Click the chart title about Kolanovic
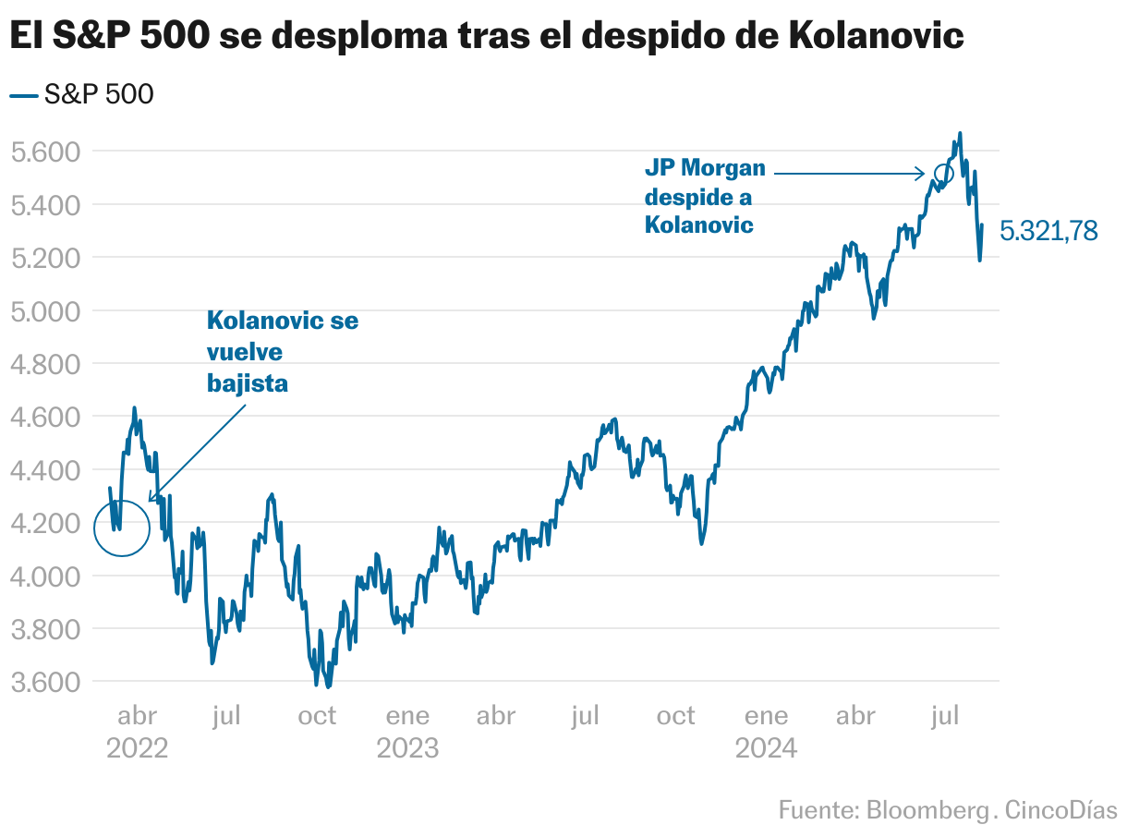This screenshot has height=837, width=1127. coord(487,36)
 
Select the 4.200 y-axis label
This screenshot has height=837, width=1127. coord(46,523)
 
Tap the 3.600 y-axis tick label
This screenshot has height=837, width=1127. coord(46,683)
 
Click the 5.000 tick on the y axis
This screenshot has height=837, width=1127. coord(46,310)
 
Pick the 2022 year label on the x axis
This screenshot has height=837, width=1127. coord(137,747)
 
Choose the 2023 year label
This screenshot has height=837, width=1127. coord(407,747)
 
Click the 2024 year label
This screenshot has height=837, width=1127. coord(766,747)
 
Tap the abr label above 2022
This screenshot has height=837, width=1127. coord(138,716)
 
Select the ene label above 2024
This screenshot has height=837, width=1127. coord(767,716)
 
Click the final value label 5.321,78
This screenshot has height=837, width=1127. coord(1048,231)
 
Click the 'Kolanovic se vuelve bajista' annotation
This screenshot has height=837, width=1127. coord(282,351)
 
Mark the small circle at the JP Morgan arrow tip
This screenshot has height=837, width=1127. coord(943,173)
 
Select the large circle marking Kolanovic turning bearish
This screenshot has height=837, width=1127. coord(122,528)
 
